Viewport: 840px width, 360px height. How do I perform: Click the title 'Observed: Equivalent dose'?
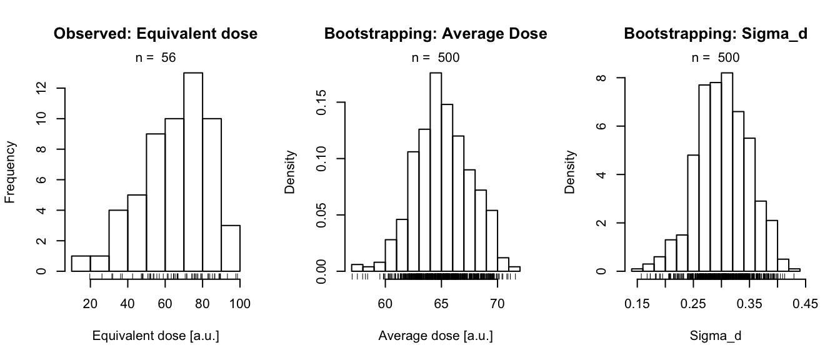point(156,34)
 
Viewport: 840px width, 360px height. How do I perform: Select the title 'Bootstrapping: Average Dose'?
point(436,34)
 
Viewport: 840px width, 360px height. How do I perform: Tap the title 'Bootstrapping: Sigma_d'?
point(716,34)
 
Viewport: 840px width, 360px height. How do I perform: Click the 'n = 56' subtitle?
point(156,58)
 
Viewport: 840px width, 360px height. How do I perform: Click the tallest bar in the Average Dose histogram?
point(436,172)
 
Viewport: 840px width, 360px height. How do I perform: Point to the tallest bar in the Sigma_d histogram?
point(726,172)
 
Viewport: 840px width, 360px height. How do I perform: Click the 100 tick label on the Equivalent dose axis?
point(240,304)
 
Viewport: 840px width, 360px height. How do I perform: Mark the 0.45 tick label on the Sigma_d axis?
point(805,304)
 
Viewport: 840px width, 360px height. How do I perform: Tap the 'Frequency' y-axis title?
point(11,172)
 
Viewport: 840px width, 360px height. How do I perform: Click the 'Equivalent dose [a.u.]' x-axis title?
point(156,336)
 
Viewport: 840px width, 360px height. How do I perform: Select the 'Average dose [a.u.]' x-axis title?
point(436,336)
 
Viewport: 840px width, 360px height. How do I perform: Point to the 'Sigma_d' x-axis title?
point(716,336)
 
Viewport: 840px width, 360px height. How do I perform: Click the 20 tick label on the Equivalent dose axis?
point(90,304)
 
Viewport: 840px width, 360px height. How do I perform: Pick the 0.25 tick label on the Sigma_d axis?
point(693,304)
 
